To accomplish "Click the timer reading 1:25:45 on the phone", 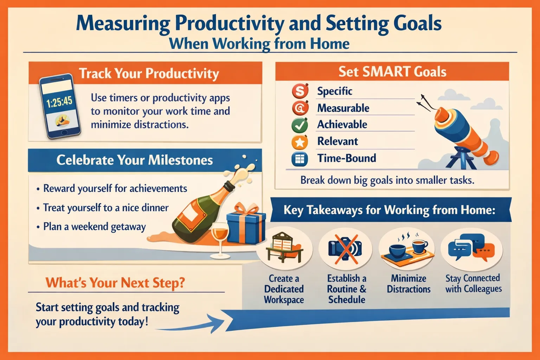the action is coord(59,102).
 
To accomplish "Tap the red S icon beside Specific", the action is coord(300,91).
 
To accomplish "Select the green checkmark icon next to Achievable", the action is coord(300,125).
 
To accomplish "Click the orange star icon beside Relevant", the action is coord(300,142).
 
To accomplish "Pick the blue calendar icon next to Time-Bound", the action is coord(300,159).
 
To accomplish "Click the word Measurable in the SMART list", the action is coord(343,108).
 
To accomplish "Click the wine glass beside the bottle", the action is coord(220,240).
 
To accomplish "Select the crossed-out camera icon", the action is coord(345,249).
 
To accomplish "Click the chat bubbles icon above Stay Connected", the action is coord(471,247).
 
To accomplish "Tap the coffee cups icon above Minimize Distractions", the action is coord(408,250).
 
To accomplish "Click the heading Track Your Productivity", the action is coord(149,73).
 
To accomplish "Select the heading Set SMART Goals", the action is coord(392,72).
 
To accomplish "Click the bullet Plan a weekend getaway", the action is coord(94,227).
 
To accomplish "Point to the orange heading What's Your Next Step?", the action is coord(115,282).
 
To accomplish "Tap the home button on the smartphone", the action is coord(64,133).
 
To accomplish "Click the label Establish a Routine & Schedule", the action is coord(347,289).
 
